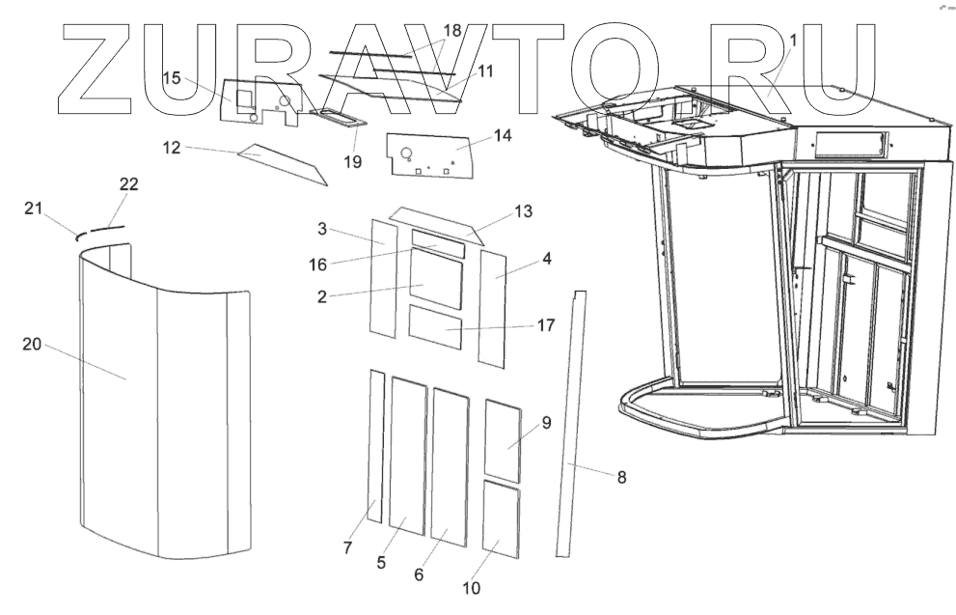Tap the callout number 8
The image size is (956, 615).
coord(621,476)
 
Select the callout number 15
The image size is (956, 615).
coord(172,78)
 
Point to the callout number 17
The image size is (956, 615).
coord(546,325)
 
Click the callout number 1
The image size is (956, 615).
coord(793,41)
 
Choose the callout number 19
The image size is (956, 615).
coord(353,161)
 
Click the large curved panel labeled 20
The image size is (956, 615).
coord(154,405)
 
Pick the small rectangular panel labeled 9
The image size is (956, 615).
coord(502,439)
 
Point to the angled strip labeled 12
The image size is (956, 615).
coord(280,164)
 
